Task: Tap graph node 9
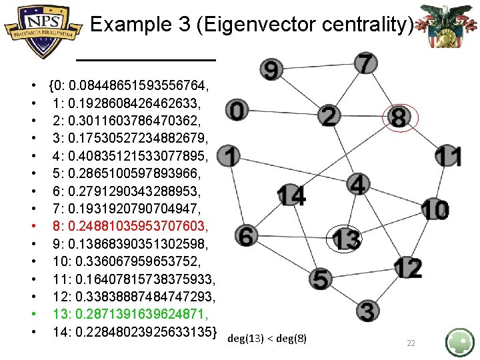tap(272, 69)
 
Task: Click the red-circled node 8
tap(399, 118)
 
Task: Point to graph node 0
tap(238, 109)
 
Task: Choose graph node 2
tap(329, 116)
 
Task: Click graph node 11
tap(449, 156)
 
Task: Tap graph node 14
tap(291, 196)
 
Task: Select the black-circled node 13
tap(347, 238)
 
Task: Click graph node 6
tap(246, 235)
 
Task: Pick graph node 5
tap(321, 279)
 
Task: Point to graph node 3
tap(367, 311)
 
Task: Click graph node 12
tap(408, 268)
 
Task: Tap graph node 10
tap(435, 209)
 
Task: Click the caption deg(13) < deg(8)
tap(267, 339)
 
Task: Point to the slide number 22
tap(411, 343)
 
